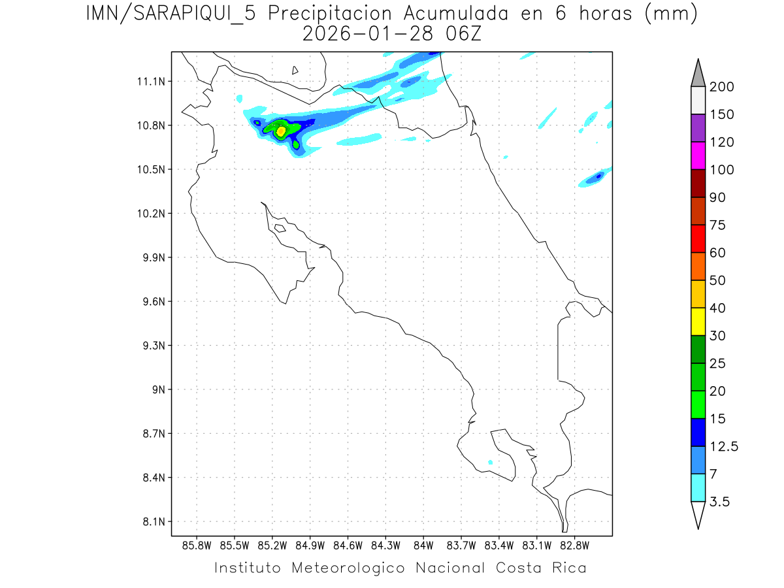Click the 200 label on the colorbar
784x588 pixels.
click(x=721, y=88)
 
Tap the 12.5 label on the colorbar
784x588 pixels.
click(x=723, y=446)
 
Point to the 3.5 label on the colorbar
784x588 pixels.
click(x=719, y=502)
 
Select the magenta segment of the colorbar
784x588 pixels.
click(x=698, y=155)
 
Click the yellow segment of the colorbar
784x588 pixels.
click(x=698, y=321)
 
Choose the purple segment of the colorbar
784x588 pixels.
click(x=698, y=128)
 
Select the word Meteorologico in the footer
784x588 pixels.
click(x=353, y=568)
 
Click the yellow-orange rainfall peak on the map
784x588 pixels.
click(x=281, y=131)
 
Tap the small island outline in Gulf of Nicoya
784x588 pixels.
click(x=280, y=228)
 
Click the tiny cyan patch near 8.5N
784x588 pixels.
click(x=490, y=463)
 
